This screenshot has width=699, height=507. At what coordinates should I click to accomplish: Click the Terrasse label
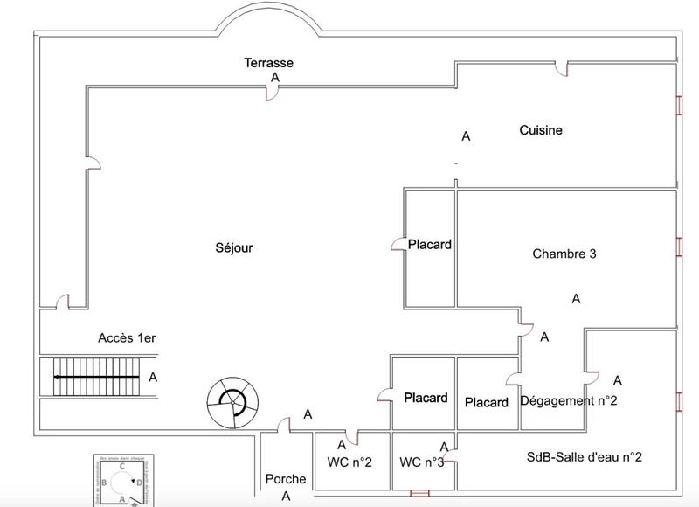[x=268, y=63]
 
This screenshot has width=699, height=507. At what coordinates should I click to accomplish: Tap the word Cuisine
[x=541, y=130]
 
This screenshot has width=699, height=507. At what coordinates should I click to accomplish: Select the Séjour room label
[x=233, y=247]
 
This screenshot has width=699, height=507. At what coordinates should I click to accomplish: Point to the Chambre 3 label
[x=564, y=254]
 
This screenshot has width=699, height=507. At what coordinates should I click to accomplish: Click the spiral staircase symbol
[x=232, y=401]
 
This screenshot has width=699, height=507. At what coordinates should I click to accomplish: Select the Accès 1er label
[x=126, y=337]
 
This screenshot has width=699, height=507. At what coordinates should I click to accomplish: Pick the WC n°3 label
[x=422, y=462]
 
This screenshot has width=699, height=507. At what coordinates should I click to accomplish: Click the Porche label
[x=285, y=479]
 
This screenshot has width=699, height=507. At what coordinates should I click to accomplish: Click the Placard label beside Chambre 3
[x=430, y=245]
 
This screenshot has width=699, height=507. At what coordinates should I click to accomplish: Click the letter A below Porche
[x=285, y=496]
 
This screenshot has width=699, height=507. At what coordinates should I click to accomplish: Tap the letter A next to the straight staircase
[x=153, y=378]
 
